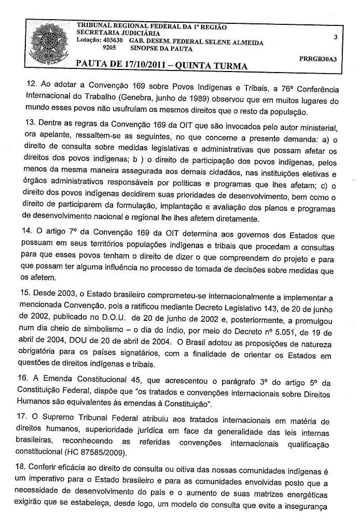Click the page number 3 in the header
[336, 37]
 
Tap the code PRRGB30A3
[318, 59]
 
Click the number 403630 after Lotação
[111, 41]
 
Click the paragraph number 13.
[31, 128]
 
